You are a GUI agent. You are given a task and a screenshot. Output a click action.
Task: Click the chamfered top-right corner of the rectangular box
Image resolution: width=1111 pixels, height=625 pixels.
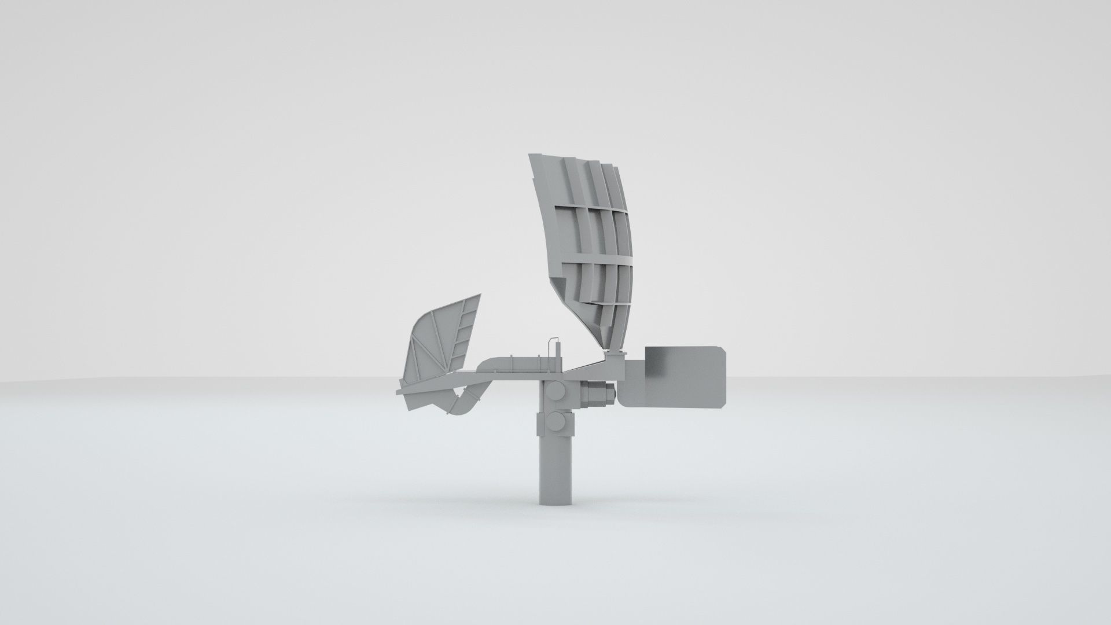coord(720,349)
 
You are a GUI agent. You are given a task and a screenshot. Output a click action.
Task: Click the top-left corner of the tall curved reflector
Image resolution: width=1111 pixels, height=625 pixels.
coord(530,155)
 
